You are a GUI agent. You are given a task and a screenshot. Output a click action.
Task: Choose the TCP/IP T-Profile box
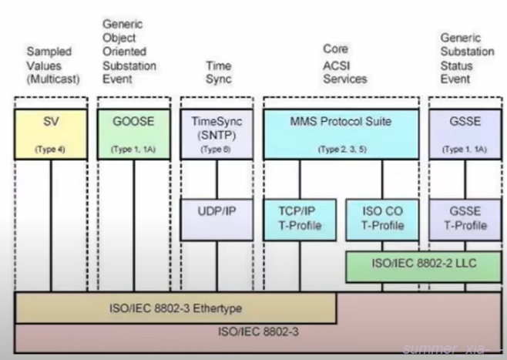(297, 217)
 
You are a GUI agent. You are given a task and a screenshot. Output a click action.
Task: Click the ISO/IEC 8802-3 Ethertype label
(175, 308)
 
